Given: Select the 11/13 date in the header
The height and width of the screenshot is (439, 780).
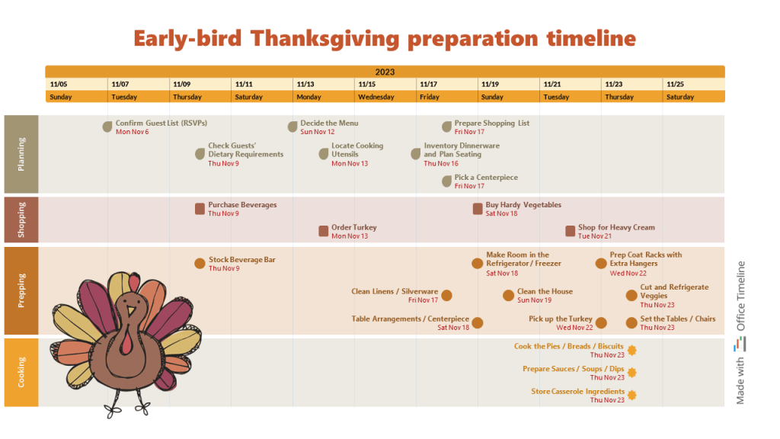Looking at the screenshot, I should pyautogui.click(x=305, y=84).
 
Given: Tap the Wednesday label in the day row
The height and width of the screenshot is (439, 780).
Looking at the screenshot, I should pyautogui.click(x=376, y=97).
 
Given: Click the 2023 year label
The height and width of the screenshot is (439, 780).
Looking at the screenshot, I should pyautogui.click(x=385, y=72).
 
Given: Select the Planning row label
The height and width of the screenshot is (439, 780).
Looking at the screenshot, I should pyautogui.click(x=21, y=154).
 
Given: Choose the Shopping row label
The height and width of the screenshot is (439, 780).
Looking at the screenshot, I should pyautogui.click(x=21, y=219).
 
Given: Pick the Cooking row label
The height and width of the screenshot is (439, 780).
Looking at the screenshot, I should pyautogui.click(x=21, y=372).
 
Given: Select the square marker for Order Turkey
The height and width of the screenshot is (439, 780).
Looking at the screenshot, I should pyautogui.click(x=324, y=231).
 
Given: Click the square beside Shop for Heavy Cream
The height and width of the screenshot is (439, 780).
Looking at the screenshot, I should pyautogui.click(x=571, y=231).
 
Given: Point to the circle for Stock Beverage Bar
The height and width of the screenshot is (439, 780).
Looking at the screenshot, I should pyautogui.click(x=200, y=264).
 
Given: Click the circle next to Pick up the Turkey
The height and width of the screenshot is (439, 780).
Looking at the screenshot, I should pyautogui.click(x=601, y=323).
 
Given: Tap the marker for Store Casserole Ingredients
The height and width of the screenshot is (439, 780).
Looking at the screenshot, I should pyautogui.click(x=631, y=396).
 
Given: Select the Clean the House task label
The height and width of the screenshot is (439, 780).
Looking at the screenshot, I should pyautogui.click(x=545, y=291).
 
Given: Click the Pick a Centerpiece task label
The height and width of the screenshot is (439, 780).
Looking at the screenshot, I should pyautogui.click(x=486, y=178).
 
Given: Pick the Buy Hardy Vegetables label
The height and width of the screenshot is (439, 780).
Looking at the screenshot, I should pyautogui.click(x=523, y=205).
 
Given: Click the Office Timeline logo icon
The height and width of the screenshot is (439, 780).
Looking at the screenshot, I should pyautogui.click(x=740, y=344).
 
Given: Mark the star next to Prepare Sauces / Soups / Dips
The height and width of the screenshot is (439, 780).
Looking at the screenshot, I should pyautogui.click(x=631, y=373).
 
